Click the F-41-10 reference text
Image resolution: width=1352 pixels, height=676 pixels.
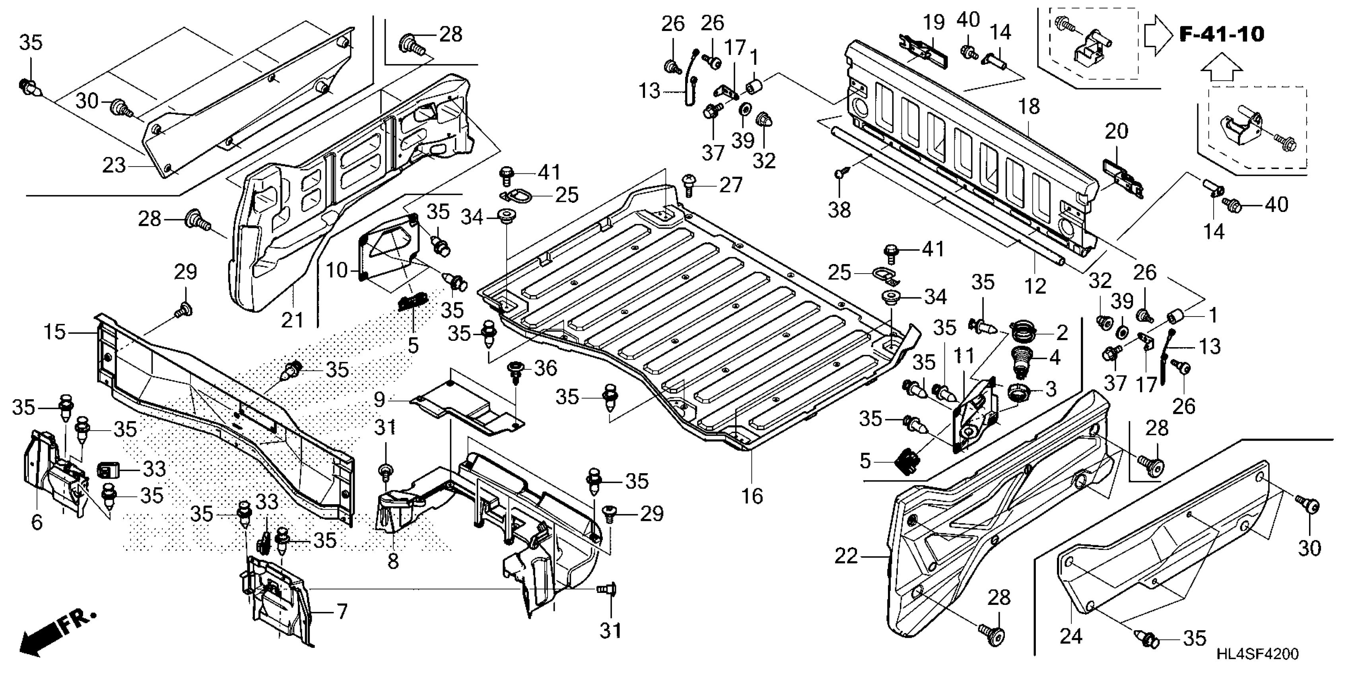[x=1222, y=35]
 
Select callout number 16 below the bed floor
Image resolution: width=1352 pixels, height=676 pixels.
[x=752, y=495]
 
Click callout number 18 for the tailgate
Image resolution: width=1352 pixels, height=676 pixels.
[x=1029, y=107]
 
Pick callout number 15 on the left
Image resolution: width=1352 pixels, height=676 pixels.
[x=54, y=332]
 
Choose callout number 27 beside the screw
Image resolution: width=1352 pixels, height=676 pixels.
[x=730, y=185]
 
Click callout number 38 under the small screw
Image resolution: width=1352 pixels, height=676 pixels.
[x=839, y=210]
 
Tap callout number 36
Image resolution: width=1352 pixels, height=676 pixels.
[x=545, y=369]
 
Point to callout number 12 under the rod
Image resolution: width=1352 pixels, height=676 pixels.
[x=1035, y=286]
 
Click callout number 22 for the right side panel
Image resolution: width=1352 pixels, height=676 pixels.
[x=846, y=557]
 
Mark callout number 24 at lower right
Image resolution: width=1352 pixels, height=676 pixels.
[x=1071, y=636]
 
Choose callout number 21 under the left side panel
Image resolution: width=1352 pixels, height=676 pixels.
[x=292, y=320]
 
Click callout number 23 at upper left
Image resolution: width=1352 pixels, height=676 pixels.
[x=114, y=166]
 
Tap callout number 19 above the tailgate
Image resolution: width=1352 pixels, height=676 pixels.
[x=934, y=22]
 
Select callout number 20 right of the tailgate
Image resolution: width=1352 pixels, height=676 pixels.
[x=1116, y=131]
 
